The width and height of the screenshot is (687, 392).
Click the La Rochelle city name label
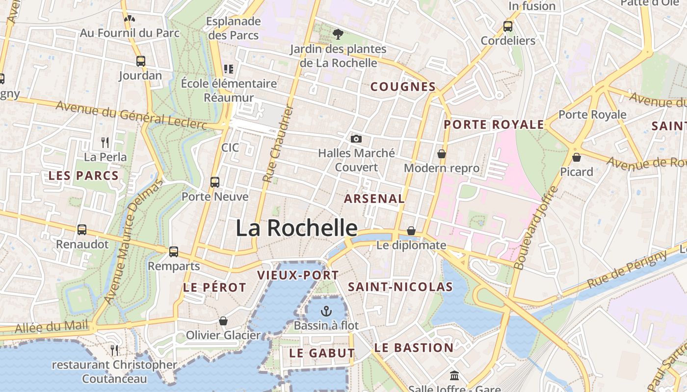point(296,228)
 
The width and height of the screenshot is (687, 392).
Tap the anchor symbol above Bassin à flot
point(326,311)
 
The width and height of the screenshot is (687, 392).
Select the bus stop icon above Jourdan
point(141,61)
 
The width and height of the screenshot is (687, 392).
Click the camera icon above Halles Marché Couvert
point(356,139)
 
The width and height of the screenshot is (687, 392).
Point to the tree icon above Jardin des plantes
point(338,34)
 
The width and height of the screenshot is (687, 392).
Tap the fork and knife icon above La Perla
point(105,143)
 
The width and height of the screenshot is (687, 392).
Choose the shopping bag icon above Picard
point(577,157)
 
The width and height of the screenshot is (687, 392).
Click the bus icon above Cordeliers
point(508,26)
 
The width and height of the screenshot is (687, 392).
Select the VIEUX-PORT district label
point(298,275)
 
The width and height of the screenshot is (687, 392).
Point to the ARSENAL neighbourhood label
point(374,198)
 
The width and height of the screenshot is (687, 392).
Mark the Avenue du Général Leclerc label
point(131,116)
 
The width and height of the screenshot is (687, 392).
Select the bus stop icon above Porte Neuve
point(215,182)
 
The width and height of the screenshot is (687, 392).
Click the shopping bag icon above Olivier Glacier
point(223,321)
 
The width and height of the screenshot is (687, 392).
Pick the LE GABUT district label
point(322,353)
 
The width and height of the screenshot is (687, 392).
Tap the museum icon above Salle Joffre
point(454,376)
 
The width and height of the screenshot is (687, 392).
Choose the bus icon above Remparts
point(174,252)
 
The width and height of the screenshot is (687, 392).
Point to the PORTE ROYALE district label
point(494,124)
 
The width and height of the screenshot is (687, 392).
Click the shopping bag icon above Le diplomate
point(411,231)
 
